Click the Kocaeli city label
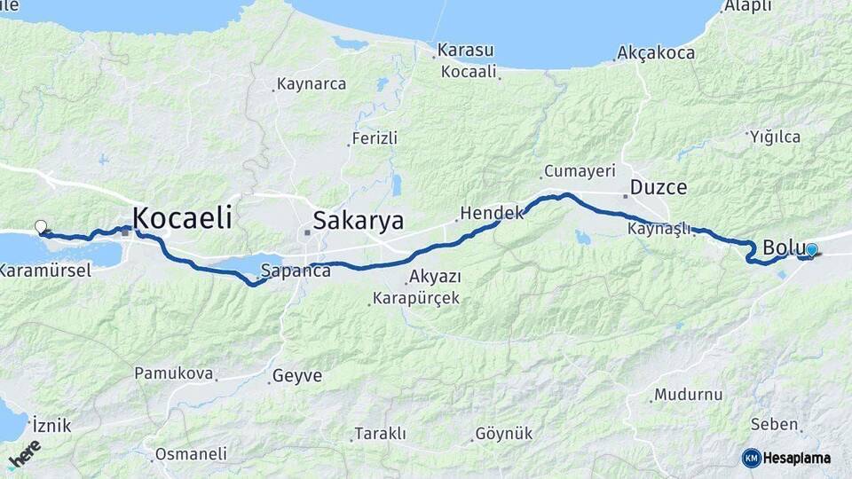[182, 217]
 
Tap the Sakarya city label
[358, 221]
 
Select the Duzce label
[659, 187]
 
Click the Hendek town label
[486, 213]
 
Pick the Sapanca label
[296, 271]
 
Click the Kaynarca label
[312, 84]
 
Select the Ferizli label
[375, 138]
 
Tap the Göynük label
[504, 434]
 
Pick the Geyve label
[297, 375]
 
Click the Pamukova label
[174, 373]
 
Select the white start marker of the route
[40, 227]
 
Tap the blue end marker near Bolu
[811, 250]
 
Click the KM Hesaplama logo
[786, 458]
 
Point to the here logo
[24, 454]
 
